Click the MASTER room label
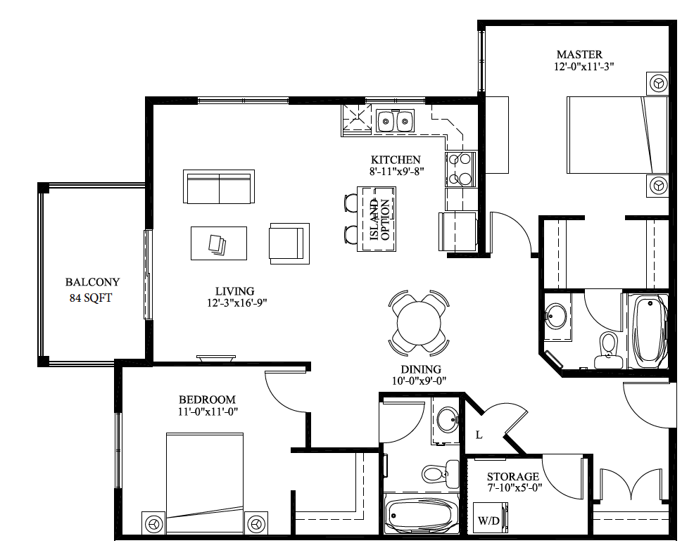pos(579,54)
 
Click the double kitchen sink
pos(394,122)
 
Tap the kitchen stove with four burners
pos(462,170)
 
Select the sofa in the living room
pos(218,186)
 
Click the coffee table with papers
pos(218,243)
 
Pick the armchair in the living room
pos(289,243)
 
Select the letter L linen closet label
pos(479,435)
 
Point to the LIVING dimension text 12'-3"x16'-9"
pos(235,302)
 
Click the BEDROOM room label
pos(207,399)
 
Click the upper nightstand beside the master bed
pos(658,83)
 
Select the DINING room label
pos(421,369)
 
